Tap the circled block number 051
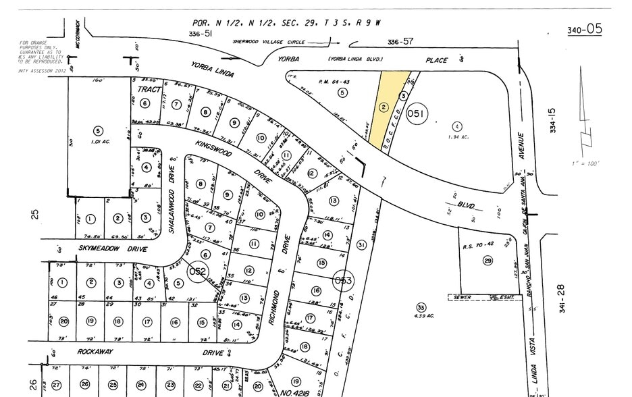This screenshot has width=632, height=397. [x=417, y=115]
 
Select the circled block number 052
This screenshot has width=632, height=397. [x=197, y=271]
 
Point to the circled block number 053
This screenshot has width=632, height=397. [x=344, y=280]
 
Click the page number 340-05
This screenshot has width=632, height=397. [x=584, y=29]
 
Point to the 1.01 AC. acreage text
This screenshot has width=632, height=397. [x=99, y=142]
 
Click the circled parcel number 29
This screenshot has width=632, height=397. [x=488, y=261]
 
